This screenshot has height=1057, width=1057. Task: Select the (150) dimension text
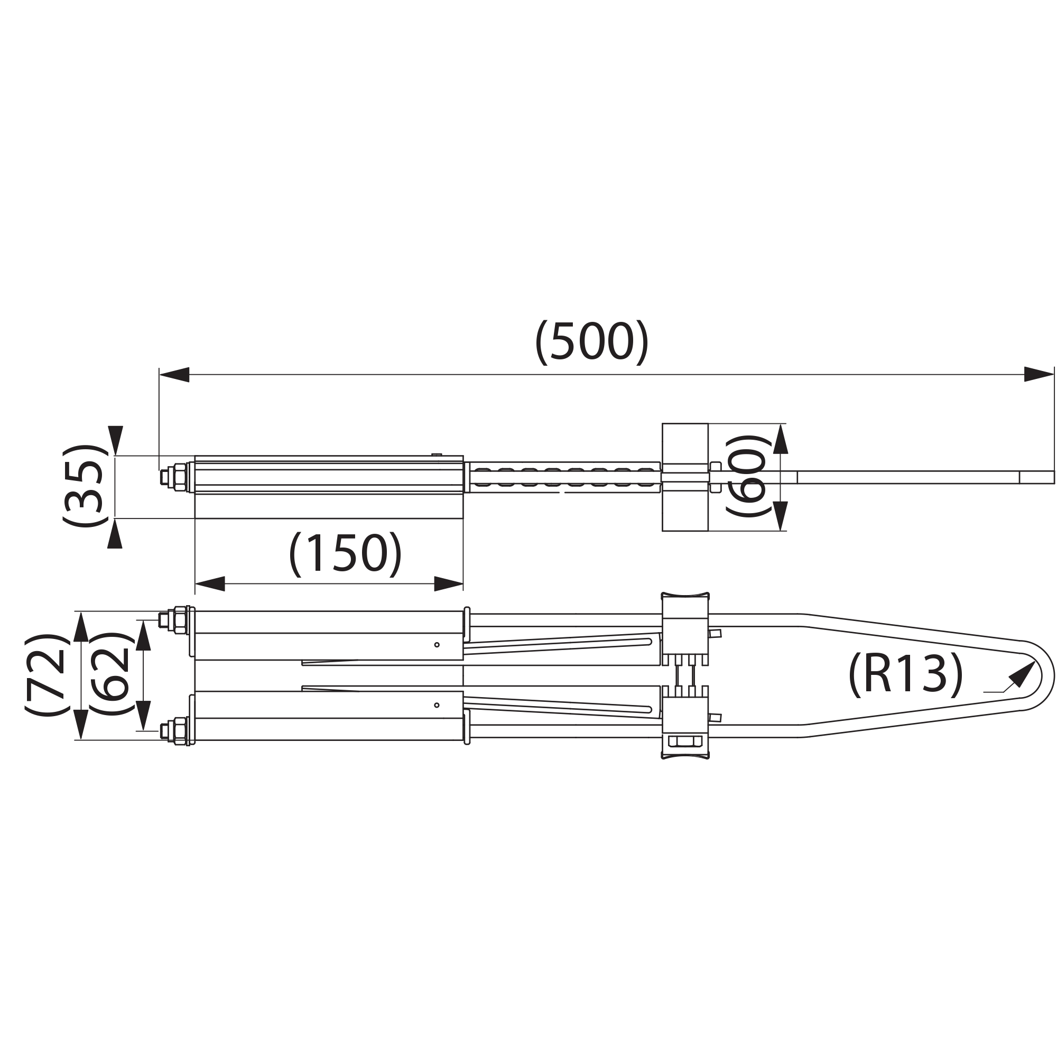click(345, 554)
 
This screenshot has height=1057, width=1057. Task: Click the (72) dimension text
click(47, 675)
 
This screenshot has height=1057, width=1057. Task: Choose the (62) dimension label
click(111, 674)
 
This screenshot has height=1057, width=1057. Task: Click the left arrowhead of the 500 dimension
click(174, 375)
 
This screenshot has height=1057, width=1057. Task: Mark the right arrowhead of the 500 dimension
click(1039, 374)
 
